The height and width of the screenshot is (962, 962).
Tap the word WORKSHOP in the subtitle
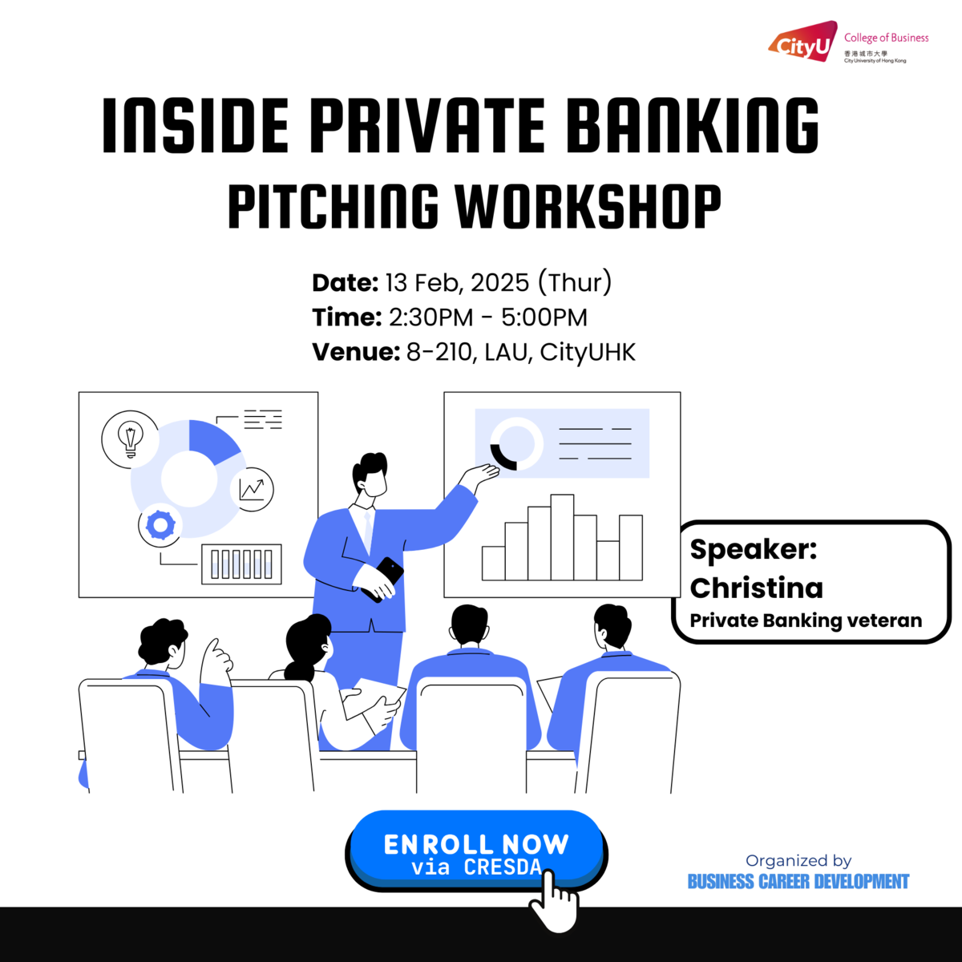(588, 206)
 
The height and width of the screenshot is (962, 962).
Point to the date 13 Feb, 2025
(457, 282)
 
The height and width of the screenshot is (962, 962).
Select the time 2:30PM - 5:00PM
(487, 317)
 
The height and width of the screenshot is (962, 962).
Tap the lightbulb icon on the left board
(130, 439)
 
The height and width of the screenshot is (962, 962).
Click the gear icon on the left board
(160, 526)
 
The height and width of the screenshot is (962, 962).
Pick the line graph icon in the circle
(253, 488)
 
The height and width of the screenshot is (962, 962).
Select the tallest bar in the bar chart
(562, 537)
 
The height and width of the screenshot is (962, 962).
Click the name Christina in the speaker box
(756, 588)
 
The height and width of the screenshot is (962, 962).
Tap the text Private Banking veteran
(806, 620)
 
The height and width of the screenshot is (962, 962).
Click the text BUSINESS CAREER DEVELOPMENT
(798, 882)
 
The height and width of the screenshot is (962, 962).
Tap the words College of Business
(886, 38)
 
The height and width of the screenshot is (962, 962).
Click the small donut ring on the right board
(516, 443)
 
